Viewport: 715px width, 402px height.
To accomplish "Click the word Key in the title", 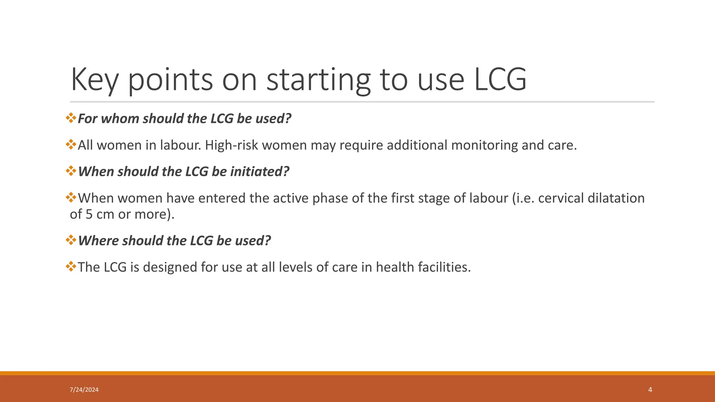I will click(95, 80).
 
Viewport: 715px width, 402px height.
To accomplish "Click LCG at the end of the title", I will click(500, 80).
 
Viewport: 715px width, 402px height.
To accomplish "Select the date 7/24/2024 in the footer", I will click(84, 390).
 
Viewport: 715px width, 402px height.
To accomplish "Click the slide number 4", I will click(650, 390).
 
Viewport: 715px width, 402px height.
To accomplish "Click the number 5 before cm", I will click(89, 214).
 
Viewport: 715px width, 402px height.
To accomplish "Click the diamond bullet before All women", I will click(71, 144).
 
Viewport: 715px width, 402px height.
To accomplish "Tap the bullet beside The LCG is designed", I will click(71, 267).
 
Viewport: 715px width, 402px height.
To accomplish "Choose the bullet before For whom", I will click(71, 118).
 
